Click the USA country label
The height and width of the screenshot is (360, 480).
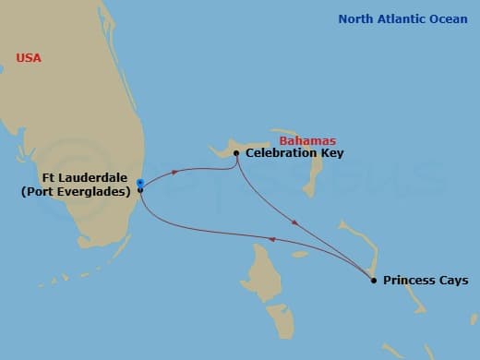click(29, 58)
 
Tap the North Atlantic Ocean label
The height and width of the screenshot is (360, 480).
click(402, 18)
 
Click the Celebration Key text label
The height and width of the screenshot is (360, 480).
click(294, 153)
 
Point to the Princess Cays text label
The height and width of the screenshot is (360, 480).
click(426, 280)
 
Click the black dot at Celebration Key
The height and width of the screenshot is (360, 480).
click(236, 153)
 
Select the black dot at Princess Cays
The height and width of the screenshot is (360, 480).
click(373, 280)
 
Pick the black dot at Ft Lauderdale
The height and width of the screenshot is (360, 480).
click(139, 189)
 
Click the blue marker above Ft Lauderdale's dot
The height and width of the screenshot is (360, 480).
click(139, 182)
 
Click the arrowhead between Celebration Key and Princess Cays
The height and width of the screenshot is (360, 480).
click(294, 222)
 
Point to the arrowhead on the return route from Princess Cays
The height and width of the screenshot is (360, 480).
click(271, 238)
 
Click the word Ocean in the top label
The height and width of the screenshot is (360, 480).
click(448, 18)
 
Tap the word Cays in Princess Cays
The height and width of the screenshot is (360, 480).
click(452, 280)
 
